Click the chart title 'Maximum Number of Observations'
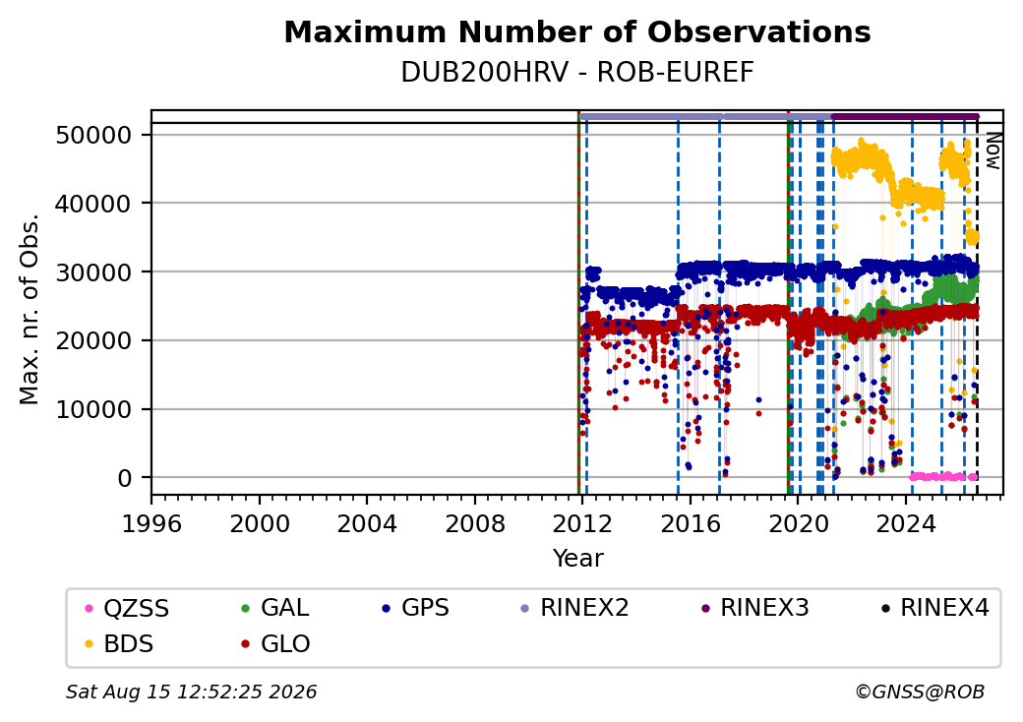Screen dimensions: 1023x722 tap(577, 31)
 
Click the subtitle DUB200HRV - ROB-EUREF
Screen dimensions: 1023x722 tap(577, 73)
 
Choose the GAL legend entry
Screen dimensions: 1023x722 tap(274, 608)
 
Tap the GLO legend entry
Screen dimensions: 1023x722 tap(275, 644)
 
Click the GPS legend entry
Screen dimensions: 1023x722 tap(415, 608)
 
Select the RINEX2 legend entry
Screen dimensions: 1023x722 tap(574, 608)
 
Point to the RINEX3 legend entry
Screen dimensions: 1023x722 tap(754, 608)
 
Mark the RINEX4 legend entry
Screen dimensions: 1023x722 tap(934, 608)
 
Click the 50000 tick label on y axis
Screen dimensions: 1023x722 tap(94, 136)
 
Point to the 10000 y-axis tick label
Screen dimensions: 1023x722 tap(94, 410)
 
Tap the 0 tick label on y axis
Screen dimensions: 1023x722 tap(125, 479)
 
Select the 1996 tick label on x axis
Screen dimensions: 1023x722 tap(152, 523)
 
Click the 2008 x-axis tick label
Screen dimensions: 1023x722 tap(474, 523)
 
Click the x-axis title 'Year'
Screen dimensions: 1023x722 tap(578, 559)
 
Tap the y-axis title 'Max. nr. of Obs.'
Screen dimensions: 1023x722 tap(30, 309)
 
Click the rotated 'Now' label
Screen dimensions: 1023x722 tap(993, 151)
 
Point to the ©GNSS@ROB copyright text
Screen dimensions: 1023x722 tap(920, 692)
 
